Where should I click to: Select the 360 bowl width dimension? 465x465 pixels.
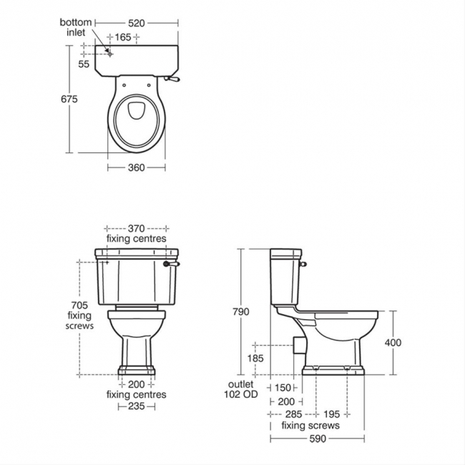[136, 167]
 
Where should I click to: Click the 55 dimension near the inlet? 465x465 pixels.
[84, 64]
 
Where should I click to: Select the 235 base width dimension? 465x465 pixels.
[136, 406]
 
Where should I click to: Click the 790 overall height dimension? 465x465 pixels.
[241, 312]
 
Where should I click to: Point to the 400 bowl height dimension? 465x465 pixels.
[393, 343]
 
